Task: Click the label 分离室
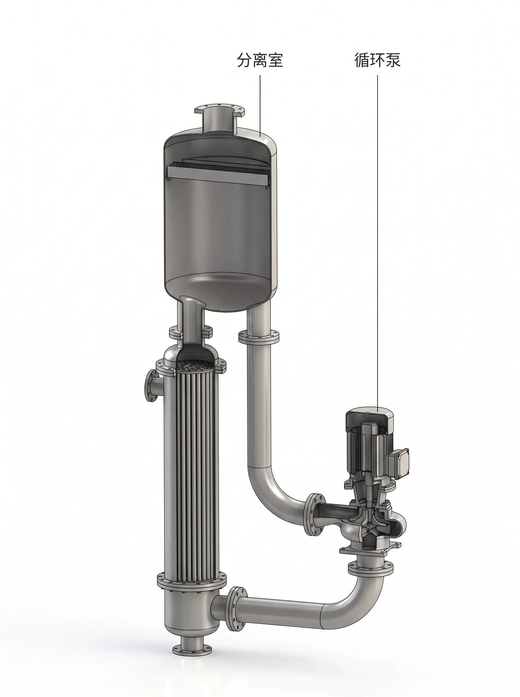click(260, 60)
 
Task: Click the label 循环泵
click(377, 60)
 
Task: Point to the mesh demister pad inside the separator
click(218, 168)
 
